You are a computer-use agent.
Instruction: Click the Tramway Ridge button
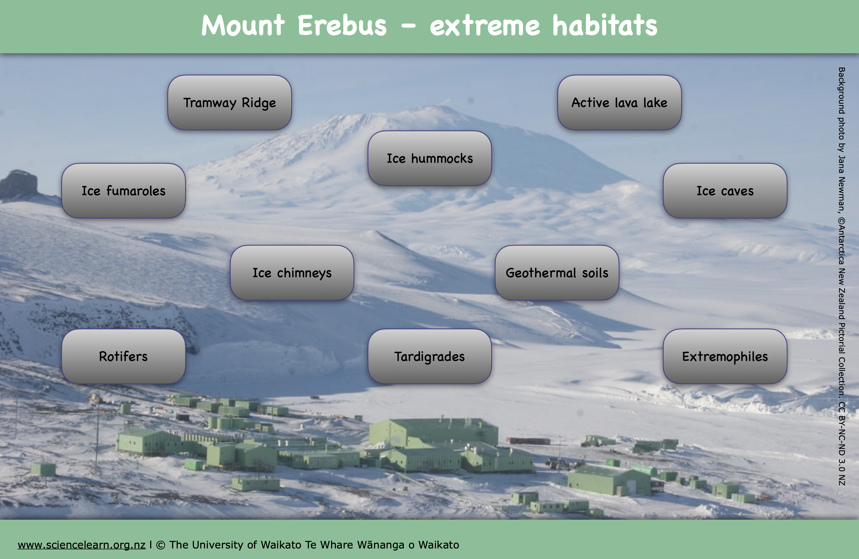(x=230, y=102)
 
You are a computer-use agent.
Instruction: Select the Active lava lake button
(x=619, y=102)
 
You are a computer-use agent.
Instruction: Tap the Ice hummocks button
(x=429, y=158)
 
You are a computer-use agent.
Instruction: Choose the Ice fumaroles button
(x=123, y=191)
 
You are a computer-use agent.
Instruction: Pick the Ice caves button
(x=725, y=191)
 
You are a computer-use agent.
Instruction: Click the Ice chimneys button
(x=292, y=273)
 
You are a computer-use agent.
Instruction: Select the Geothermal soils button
(x=557, y=273)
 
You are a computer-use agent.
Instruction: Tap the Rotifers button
(x=123, y=356)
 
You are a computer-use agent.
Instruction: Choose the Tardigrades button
(x=429, y=356)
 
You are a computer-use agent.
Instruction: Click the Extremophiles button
(x=725, y=356)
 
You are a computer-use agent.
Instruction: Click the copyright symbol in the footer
(x=161, y=545)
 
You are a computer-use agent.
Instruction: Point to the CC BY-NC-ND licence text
(x=842, y=443)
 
